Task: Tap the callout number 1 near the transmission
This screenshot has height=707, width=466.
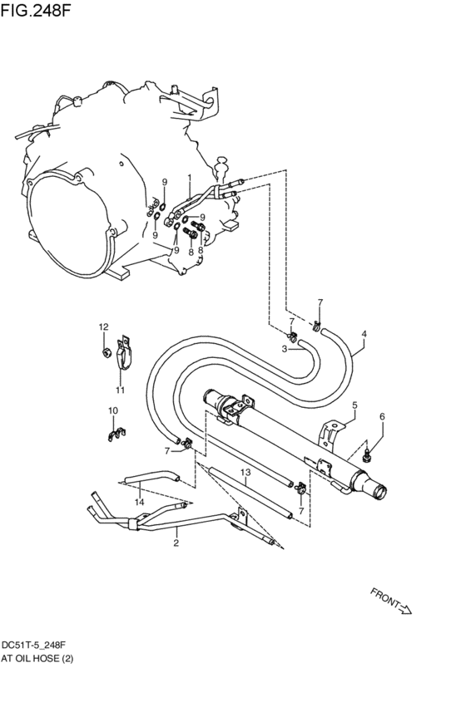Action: (x=190, y=178)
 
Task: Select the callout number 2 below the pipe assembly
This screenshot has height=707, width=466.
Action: (x=176, y=544)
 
